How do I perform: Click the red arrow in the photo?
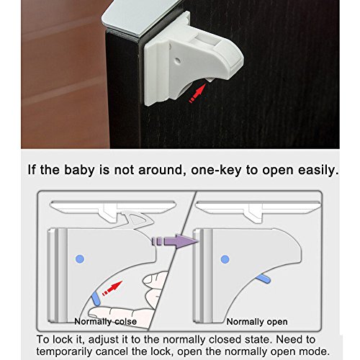198,93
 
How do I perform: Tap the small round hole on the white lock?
178,60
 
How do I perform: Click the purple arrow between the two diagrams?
175,241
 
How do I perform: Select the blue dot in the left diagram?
80,259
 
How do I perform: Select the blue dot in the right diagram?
225,259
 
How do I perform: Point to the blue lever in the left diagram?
96,298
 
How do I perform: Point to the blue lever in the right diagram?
263,279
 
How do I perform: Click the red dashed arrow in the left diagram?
112,288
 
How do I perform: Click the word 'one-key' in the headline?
217,170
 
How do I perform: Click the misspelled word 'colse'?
125,322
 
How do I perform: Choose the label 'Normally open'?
257,322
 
